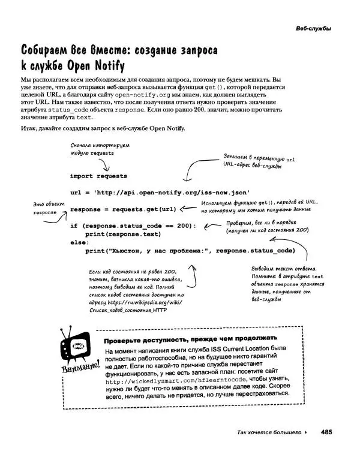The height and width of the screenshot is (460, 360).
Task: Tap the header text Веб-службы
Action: tap(313, 29)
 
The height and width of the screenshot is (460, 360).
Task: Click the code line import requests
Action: tap(98, 176)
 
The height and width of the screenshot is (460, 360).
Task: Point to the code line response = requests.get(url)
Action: tap(123, 210)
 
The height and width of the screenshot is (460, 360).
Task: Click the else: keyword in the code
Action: tap(79, 242)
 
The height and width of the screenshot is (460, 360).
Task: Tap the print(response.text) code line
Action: tap(123, 234)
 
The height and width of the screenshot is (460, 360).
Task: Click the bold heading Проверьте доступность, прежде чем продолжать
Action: tap(190, 338)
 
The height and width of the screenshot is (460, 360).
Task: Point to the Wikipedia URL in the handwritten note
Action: tap(142, 303)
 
